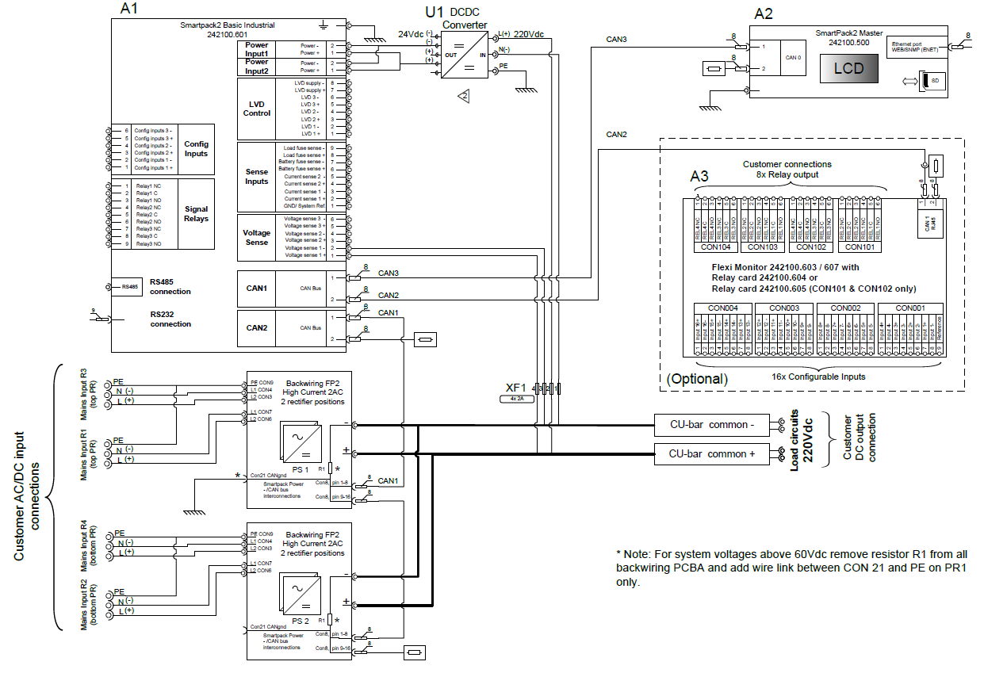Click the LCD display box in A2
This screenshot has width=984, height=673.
pos(848,68)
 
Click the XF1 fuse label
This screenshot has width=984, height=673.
pos(516,388)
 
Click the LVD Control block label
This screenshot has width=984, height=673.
pos(256,109)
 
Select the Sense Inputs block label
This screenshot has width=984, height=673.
pos(256,177)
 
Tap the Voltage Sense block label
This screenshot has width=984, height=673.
pos(256,238)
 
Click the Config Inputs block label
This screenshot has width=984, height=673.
pos(196,149)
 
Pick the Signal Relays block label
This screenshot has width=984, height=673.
pos(196,213)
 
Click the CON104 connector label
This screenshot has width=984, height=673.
pos(715,247)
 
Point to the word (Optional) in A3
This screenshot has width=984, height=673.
pos(696,379)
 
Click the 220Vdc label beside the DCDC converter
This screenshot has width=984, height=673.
pos(528,34)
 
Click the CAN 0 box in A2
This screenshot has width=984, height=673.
pos(793,58)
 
